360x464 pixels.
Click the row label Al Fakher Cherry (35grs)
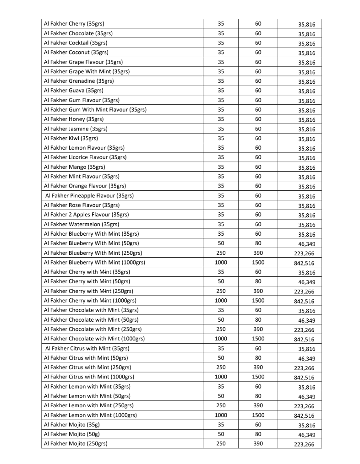pyautogui.click(x=76, y=24)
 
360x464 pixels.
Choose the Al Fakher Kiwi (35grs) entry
pyautogui.click(x=71, y=138)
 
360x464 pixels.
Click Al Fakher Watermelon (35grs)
pyautogui.click(x=81, y=224)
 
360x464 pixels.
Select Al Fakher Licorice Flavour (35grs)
pyautogui.click(x=85, y=157)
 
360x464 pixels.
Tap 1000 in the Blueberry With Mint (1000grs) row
pyautogui.click(x=221, y=263)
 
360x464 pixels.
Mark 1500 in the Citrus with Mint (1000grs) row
pyautogui.click(x=258, y=377)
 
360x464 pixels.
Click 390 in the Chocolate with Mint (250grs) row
pyautogui.click(x=258, y=329)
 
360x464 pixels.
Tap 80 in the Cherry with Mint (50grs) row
pyautogui.click(x=258, y=281)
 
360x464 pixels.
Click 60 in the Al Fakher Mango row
pyautogui.click(x=258, y=167)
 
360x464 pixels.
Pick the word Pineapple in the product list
pyautogui.click(x=88, y=195)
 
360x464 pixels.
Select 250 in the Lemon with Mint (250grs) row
pyautogui.click(x=221, y=406)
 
